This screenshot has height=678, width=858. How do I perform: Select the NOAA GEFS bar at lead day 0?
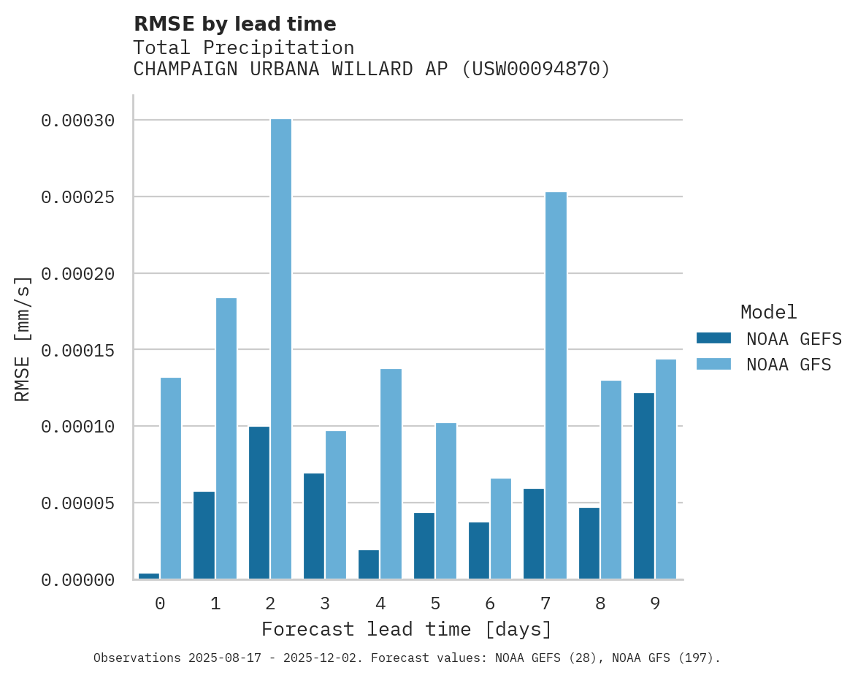[149, 576]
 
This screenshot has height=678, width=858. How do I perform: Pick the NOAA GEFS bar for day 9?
[644, 486]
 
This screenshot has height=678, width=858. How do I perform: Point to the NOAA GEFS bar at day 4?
[369, 565]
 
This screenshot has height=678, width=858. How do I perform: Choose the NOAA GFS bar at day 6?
[501, 529]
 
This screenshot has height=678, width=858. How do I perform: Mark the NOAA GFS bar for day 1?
[226, 438]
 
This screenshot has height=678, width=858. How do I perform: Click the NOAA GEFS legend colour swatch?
[713, 338]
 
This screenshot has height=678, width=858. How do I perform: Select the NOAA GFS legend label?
[789, 364]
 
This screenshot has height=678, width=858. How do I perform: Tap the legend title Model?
[768, 312]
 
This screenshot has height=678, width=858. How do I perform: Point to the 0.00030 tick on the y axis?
[78, 121]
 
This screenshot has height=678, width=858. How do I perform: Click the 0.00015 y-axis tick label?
[78, 350]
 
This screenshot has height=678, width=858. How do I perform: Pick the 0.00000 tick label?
[78, 580]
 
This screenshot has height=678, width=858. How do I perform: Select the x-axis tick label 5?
[435, 603]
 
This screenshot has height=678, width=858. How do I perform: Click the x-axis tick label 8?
[600, 603]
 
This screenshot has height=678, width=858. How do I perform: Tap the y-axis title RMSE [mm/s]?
[23, 339]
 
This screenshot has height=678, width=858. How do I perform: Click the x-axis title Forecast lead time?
[407, 629]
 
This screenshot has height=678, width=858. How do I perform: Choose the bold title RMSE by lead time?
[235, 24]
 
